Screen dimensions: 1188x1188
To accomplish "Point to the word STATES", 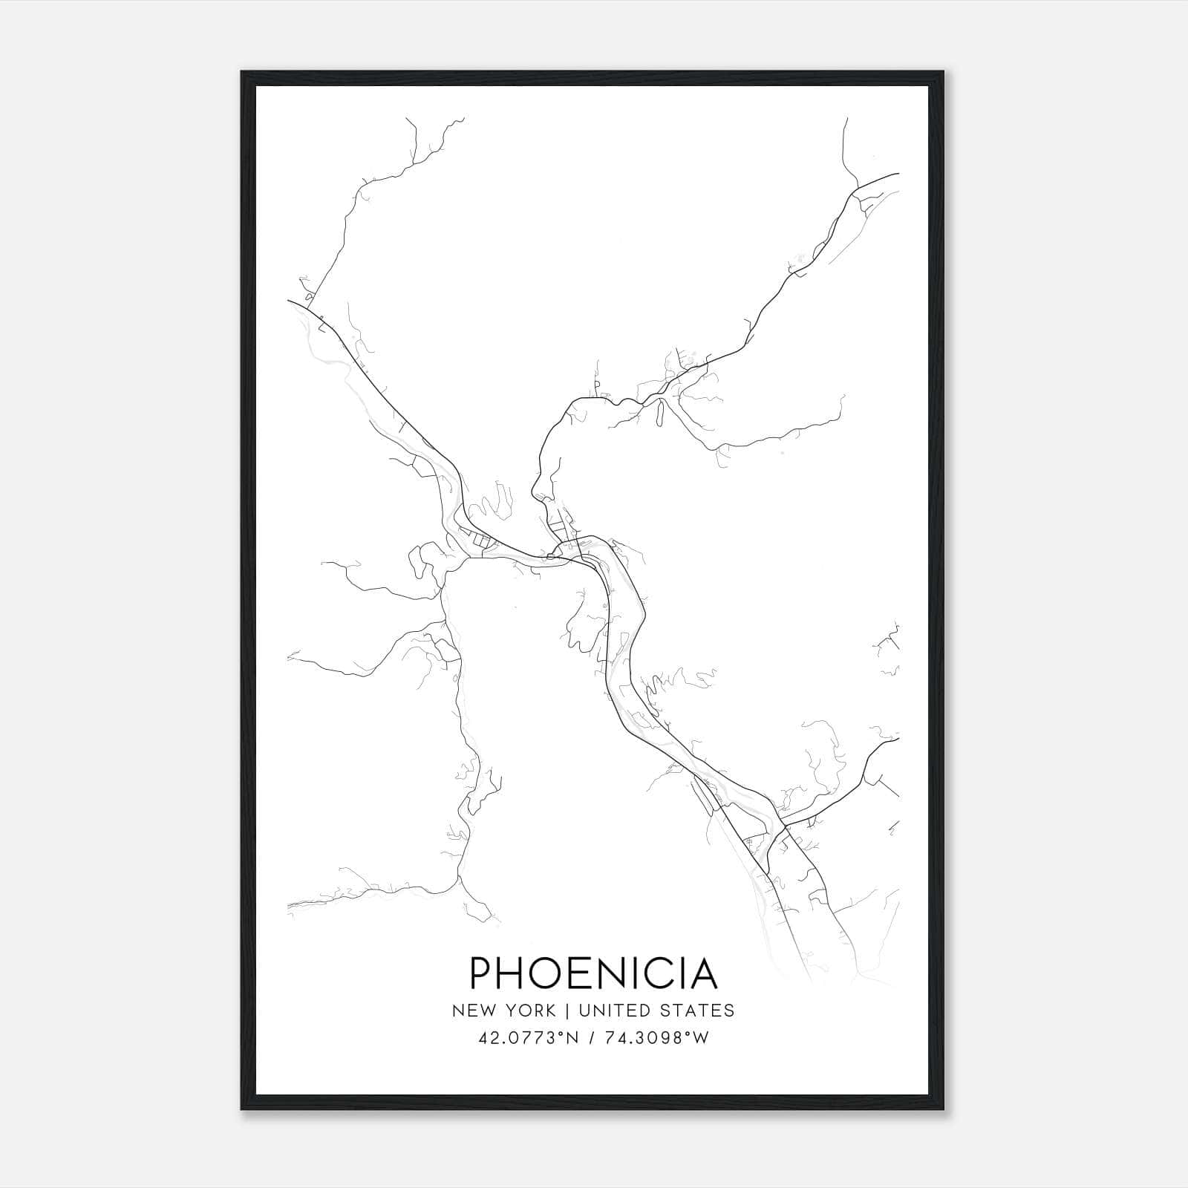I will [697, 1011].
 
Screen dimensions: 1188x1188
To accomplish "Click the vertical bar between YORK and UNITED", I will [566, 1011].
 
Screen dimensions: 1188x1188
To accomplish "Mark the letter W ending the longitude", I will [702, 1038].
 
